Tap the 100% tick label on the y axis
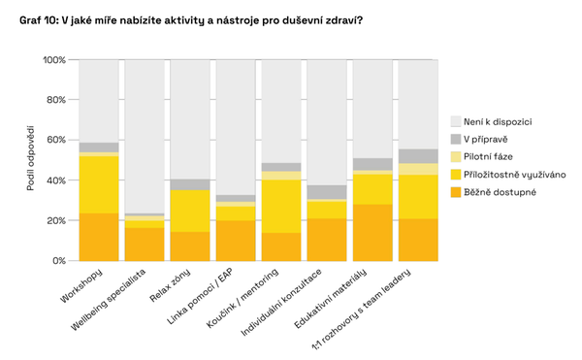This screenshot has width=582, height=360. (54, 60)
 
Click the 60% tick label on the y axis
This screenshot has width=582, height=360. (56, 141)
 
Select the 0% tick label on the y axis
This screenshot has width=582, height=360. (59, 261)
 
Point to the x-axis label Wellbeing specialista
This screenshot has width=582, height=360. (114, 303)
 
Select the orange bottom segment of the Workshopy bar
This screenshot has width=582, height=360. (99, 237)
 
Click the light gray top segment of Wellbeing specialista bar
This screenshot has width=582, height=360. (145, 136)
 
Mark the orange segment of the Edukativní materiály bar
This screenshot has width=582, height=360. (372, 233)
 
